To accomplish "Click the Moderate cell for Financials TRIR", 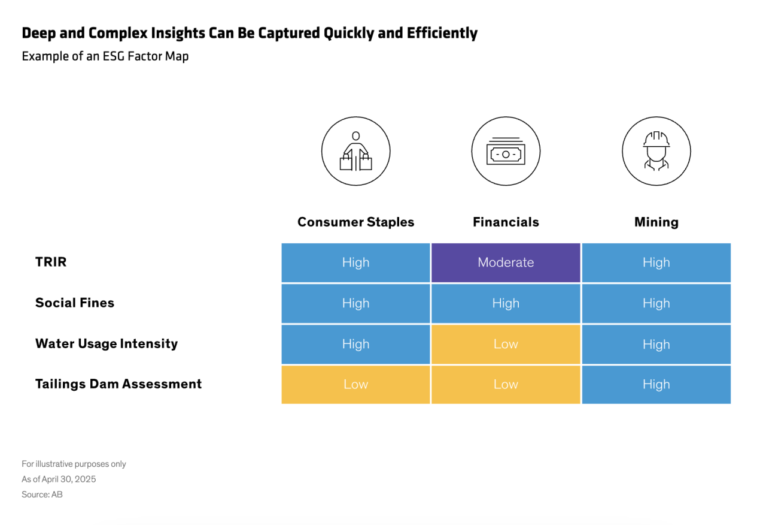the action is click(506, 262).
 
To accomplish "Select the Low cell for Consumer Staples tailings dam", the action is click(355, 385).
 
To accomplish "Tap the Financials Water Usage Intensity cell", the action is click(506, 344).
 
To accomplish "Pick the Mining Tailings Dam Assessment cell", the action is click(656, 385).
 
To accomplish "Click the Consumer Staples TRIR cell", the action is click(355, 262).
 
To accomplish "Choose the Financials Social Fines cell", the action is click(506, 303).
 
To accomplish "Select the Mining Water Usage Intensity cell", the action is click(656, 344).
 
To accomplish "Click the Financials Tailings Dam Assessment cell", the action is click(506, 385).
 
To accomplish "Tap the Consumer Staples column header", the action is click(355, 222).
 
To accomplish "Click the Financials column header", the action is click(506, 222).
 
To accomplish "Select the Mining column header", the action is click(656, 222).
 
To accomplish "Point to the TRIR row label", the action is click(51, 262).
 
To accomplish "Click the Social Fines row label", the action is click(75, 303).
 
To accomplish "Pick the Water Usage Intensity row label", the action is click(107, 344).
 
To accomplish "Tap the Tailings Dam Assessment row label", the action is click(118, 384).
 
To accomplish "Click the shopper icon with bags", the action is click(355, 151).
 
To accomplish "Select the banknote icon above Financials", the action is click(506, 151).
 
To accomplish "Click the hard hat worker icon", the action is click(656, 151).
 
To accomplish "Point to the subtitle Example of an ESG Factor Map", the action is click(105, 56).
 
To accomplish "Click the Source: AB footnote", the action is click(42, 494).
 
